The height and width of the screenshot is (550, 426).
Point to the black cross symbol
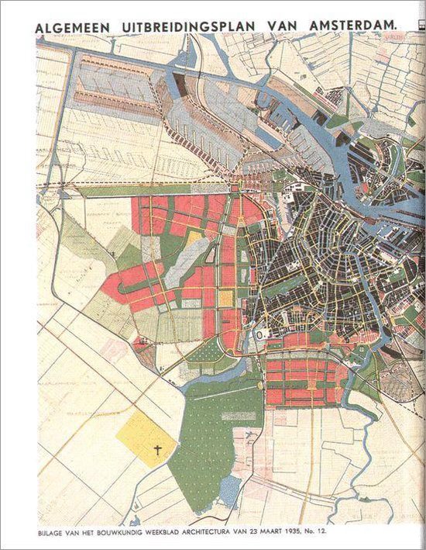pos(157,449)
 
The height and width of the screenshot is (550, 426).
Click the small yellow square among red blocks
pos(225,297)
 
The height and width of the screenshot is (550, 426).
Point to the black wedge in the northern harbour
pos(180,85)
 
